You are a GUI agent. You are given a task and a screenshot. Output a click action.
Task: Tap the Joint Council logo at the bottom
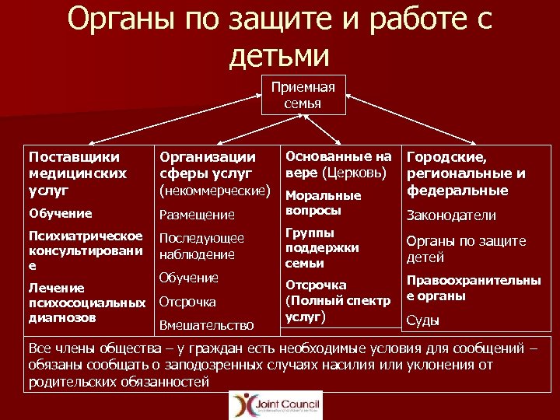click(275, 404)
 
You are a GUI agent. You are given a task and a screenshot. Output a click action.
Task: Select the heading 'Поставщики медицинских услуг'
click(78, 173)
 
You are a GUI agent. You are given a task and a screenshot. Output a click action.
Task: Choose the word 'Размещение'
click(197, 215)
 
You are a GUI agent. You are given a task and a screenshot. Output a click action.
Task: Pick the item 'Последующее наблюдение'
click(201, 246)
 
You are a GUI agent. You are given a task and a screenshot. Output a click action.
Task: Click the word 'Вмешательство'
click(206, 325)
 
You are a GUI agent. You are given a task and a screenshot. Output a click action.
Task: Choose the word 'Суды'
click(423, 320)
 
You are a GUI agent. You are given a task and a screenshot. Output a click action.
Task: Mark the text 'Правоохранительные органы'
click(473, 288)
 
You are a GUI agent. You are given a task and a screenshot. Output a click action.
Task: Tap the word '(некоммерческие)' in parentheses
click(215, 189)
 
